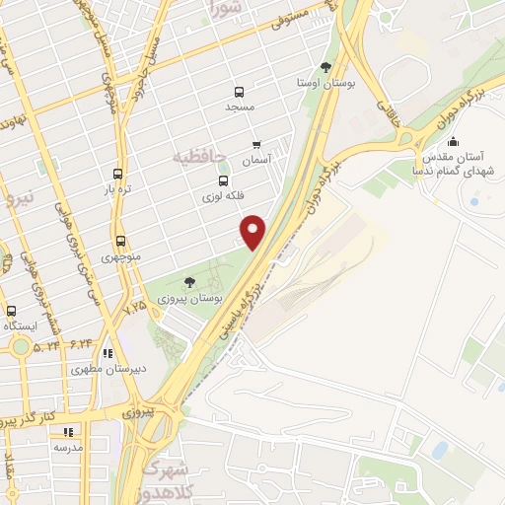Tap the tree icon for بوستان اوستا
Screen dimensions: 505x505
[x=325, y=67]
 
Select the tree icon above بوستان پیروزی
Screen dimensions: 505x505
[x=189, y=281]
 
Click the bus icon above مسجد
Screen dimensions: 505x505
[x=239, y=91]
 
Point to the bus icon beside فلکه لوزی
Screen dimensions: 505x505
[x=223, y=181]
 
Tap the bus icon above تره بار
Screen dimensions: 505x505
[x=118, y=173]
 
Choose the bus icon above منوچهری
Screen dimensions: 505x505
[x=120, y=241]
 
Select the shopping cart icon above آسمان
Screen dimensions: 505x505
[x=257, y=144]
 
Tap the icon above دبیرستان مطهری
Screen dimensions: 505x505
[x=108, y=354]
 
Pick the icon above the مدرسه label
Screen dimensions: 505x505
[x=68, y=431]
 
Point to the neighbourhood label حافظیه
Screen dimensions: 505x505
[x=193, y=157]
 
